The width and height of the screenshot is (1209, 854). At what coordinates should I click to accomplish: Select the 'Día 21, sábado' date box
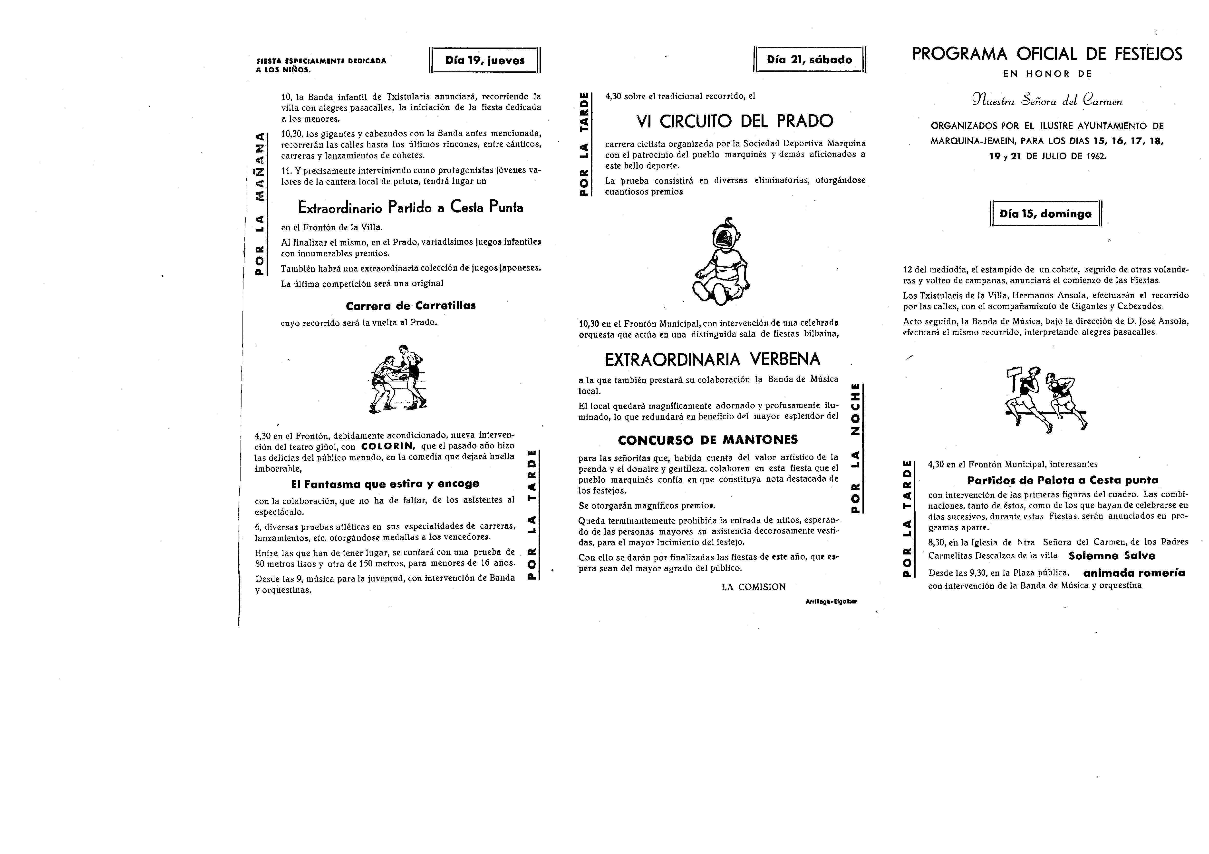809,59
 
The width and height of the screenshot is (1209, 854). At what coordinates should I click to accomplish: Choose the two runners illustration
1045,398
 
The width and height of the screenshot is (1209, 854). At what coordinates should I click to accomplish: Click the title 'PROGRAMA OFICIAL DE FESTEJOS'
1047,54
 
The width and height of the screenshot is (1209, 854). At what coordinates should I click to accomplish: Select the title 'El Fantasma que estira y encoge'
385,483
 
